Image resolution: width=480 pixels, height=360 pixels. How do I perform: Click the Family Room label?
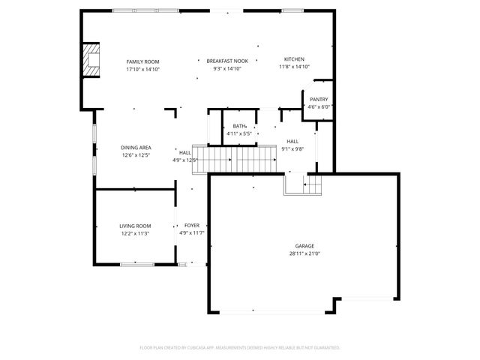point(142,61)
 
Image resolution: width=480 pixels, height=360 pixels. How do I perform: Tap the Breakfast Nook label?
point(228,60)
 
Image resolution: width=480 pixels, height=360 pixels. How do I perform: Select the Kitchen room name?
point(294,59)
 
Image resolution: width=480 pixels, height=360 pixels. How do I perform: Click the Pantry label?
point(319,100)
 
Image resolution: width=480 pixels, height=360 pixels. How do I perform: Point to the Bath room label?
point(240,126)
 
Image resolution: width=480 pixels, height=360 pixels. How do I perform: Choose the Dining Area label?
point(136,148)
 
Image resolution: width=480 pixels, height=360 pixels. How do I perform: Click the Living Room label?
point(135,226)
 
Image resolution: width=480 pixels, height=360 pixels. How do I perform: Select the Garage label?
point(304,246)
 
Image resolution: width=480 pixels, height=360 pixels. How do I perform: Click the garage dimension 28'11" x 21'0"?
point(304,253)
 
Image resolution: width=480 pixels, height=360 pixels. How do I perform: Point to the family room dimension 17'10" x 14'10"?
point(142,68)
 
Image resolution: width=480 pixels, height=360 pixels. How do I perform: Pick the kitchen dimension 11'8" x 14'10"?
point(294,67)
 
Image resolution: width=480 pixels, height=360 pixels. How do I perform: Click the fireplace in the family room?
point(91,61)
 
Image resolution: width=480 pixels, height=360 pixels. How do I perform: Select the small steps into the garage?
point(313,183)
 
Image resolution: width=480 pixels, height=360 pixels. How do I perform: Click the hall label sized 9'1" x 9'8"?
point(292,141)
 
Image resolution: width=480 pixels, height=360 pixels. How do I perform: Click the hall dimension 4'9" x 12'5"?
point(184,160)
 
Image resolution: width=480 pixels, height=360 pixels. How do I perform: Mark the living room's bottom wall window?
point(136,264)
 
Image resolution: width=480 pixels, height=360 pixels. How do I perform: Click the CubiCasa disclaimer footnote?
point(240,348)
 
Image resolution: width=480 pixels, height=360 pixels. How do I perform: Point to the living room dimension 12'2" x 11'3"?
point(135,233)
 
